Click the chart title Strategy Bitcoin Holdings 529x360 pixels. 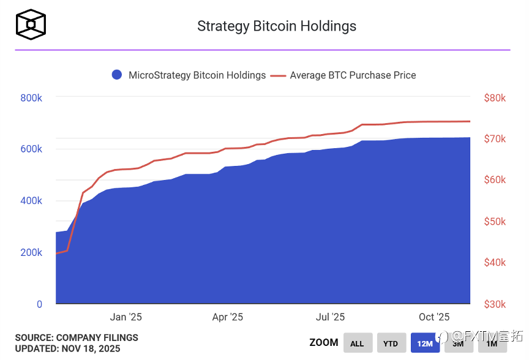click(277, 26)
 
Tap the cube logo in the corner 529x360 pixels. click(31, 24)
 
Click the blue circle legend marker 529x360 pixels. click(117, 75)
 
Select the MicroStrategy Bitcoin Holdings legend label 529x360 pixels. click(197, 75)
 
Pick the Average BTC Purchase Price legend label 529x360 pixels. click(353, 75)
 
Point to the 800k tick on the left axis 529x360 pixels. click(31, 98)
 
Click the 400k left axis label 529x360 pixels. click(31, 201)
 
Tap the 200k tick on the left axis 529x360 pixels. click(31, 253)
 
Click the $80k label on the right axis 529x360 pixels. click(494, 98)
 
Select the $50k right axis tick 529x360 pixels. click(494, 222)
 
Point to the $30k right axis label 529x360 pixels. click(494, 304)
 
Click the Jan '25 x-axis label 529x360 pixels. click(126, 317)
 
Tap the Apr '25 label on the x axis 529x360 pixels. click(228, 317)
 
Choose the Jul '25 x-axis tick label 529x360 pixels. click(330, 317)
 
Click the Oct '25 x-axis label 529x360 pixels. click(434, 317)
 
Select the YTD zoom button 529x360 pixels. click(391, 343)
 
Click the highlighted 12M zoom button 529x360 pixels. click(425, 343)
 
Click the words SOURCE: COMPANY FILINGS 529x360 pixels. click(77, 338)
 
